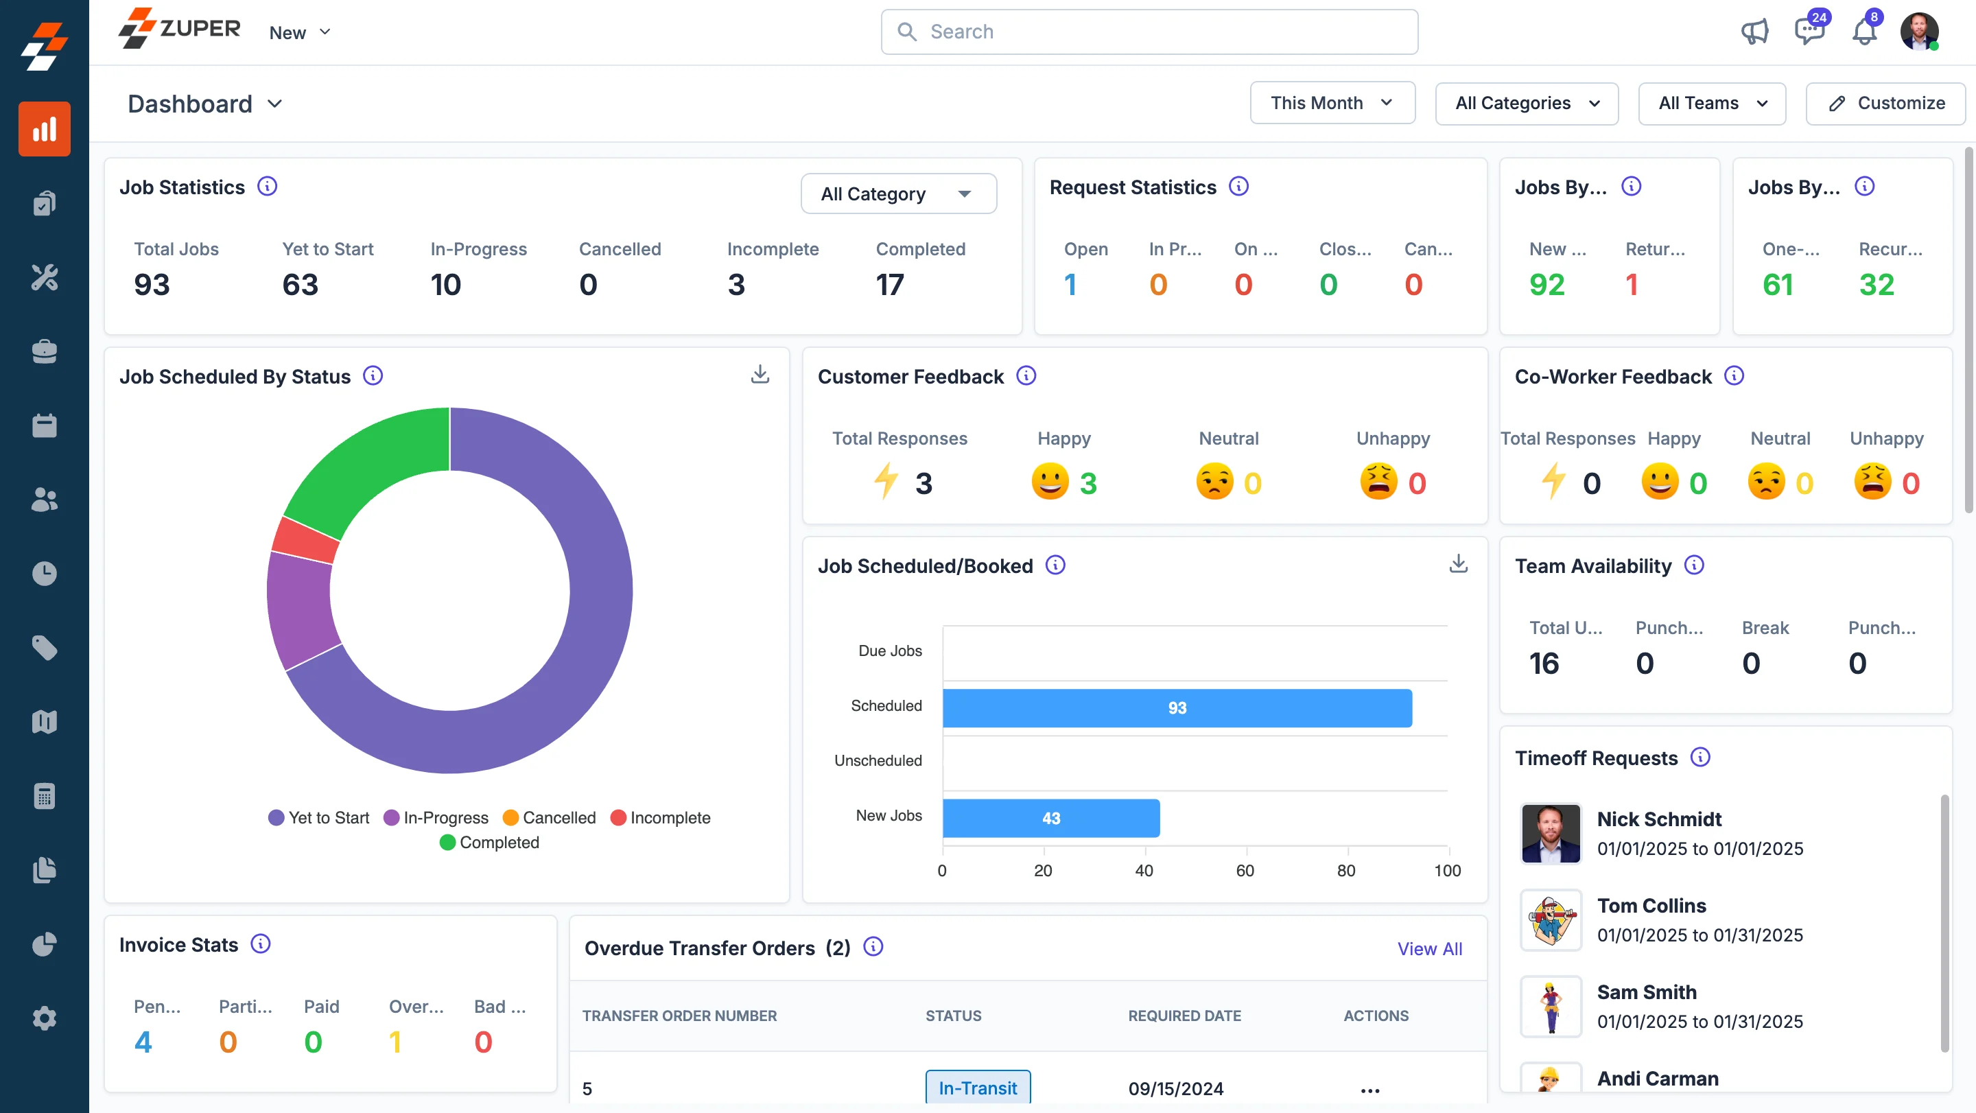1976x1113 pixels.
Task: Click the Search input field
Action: (x=1149, y=32)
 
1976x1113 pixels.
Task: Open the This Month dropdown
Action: (x=1332, y=103)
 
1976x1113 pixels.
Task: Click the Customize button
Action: (x=1885, y=103)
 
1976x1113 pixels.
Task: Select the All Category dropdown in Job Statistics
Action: (x=897, y=194)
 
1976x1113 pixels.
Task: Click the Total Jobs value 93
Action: (x=152, y=285)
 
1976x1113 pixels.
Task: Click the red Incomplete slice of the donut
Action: (x=305, y=539)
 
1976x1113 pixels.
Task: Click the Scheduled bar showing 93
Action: (x=1176, y=708)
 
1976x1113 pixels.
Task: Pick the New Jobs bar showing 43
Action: (x=1050, y=819)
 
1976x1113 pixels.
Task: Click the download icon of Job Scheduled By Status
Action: (x=760, y=375)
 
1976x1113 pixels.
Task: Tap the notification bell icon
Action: (x=1864, y=32)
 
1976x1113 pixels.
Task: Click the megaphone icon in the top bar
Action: (x=1754, y=32)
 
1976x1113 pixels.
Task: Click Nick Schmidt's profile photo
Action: (x=1551, y=833)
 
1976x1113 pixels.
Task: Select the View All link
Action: (x=1429, y=949)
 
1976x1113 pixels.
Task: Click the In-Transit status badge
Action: (x=977, y=1088)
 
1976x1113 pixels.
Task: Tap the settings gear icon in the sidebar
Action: (x=45, y=1018)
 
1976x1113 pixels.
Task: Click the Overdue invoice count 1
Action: (x=395, y=1042)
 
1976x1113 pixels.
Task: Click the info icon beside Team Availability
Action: (x=1694, y=565)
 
